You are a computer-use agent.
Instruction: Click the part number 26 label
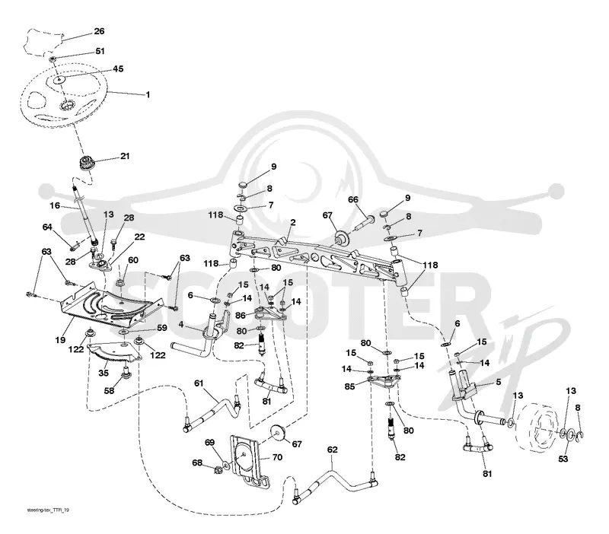coord(99,31)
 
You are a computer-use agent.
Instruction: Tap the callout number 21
coord(125,156)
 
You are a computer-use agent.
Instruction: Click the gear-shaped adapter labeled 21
coord(87,163)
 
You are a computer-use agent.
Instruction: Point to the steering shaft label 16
coord(55,205)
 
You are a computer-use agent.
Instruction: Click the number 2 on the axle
coord(293,222)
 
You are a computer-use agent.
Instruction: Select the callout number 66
coord(353,200)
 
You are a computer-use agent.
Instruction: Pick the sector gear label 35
coord(104,373)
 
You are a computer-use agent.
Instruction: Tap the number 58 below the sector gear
coord(109,390)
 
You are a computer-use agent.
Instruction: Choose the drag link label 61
coord(199,383)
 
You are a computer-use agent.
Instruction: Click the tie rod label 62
coord(333,450)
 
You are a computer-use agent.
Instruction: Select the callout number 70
coord(277,457)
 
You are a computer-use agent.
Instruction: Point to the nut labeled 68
coord(217,470)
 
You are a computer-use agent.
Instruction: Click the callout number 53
coord(563,459)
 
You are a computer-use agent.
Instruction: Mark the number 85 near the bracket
coord(350,386)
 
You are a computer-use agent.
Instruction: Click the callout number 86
coord(241,316)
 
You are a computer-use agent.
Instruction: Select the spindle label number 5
coord(499,382)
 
